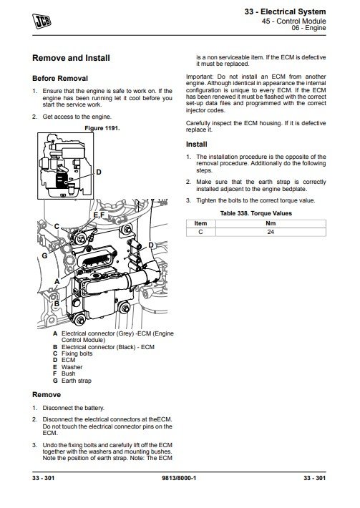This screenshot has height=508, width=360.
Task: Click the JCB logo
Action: (42, 21)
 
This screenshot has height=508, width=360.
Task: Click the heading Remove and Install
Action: (71, 58)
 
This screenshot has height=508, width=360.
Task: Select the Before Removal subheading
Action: (60, 79)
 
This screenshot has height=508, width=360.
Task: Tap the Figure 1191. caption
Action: (102, 128)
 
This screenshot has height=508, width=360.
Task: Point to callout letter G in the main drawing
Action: (44, 255)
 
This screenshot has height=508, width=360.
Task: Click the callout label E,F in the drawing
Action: (99, 215)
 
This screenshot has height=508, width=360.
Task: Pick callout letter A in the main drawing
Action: (57, 281)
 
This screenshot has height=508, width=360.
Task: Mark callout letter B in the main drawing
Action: (57, 303)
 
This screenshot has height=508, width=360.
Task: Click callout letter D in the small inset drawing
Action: (99, 172)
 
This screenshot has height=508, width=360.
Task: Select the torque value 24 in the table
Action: (271, 232)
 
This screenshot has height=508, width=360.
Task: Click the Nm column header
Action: (271, 223)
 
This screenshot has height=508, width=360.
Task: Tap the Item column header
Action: (200, 223)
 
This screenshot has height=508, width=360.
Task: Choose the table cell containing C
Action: (200, 232)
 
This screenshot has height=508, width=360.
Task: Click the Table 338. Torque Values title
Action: (256, 213)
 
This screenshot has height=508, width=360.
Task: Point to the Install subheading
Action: (196, 144)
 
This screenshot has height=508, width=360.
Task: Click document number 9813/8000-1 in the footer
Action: (179, 478)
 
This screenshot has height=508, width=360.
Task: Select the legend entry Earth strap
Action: (77, 381)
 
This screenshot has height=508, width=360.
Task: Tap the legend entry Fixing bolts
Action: (77, 353)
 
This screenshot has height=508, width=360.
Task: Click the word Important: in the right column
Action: (200, 77)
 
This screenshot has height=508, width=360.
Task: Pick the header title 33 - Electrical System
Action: (285, 11)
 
